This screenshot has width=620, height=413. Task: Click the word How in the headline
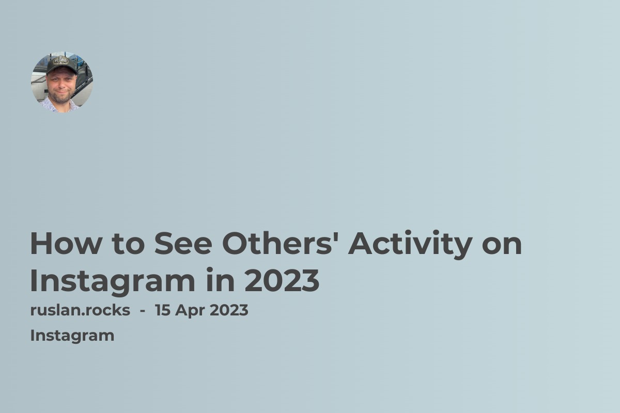[x=65, y=244]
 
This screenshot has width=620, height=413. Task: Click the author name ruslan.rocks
[x=80, y=311]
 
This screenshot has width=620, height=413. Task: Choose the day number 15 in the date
[x=163, y=311]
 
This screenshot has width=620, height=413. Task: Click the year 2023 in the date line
[x=227, y=311]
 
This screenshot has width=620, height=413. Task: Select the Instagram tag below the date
[x=72, y=336]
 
